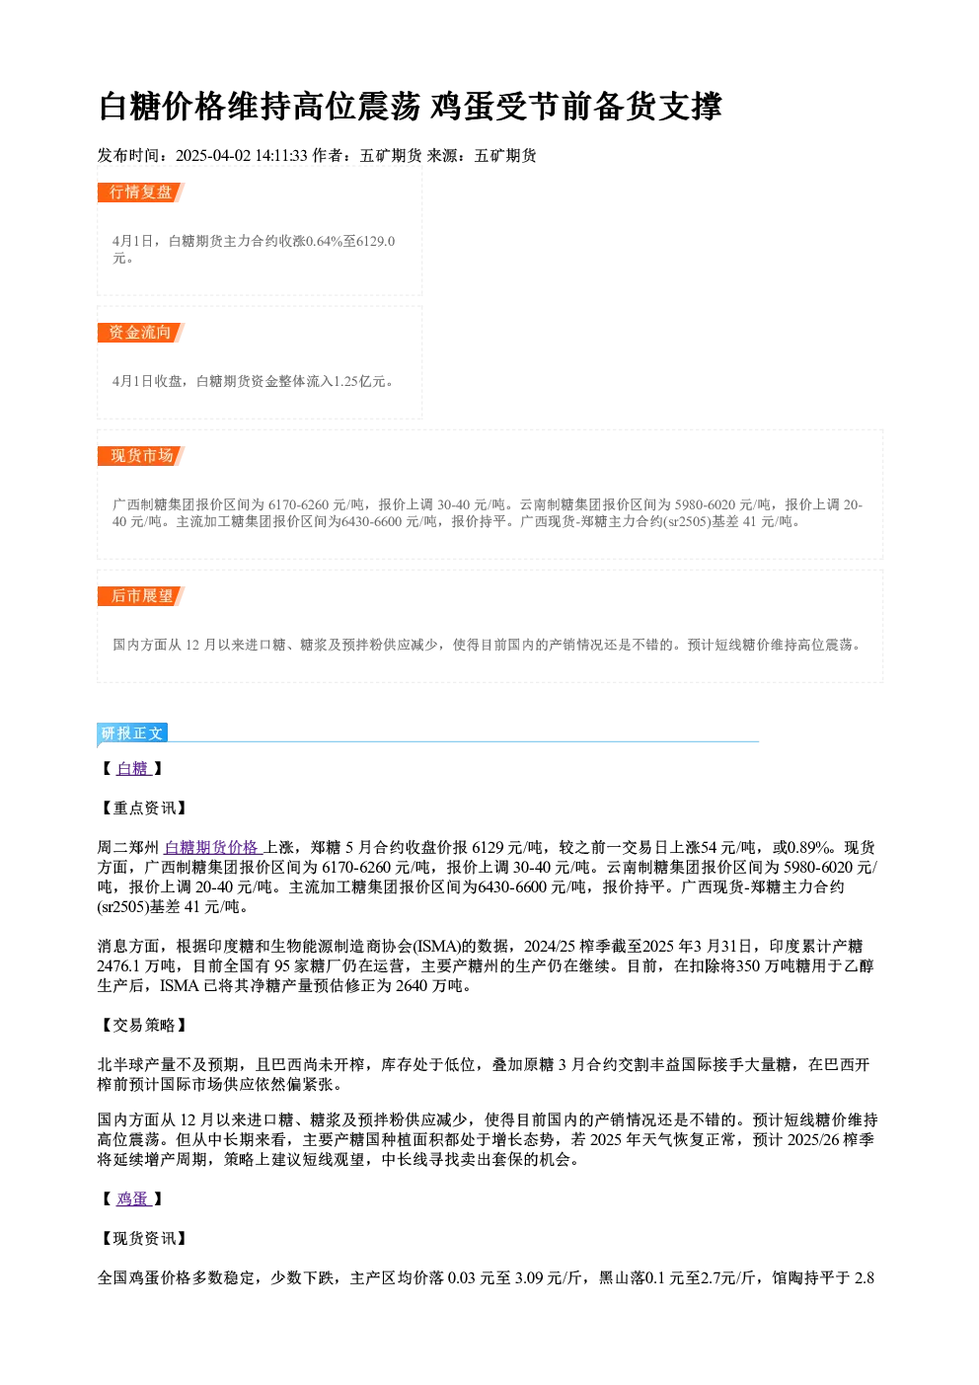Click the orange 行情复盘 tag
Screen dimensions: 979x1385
pos(141,192)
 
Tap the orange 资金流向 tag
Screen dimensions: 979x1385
pos(141,333)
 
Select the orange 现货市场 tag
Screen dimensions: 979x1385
pos(141,456)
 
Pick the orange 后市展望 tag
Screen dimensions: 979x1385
pos(141,596)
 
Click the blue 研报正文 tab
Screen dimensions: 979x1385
pos(132,733)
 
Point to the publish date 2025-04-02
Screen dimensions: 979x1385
pos(213,156)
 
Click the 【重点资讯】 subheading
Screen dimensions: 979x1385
pos(143,808)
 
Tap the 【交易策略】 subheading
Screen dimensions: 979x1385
pos(143,1025)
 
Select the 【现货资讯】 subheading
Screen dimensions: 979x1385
pos(143,1239)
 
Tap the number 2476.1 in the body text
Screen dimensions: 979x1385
pos(118,966)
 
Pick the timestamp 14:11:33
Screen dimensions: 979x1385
pos(281,156)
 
